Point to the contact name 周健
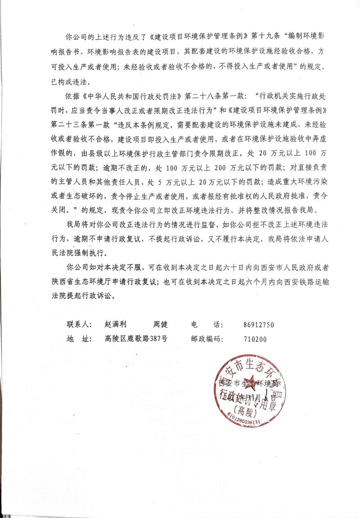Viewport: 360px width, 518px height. coord(160,325)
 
